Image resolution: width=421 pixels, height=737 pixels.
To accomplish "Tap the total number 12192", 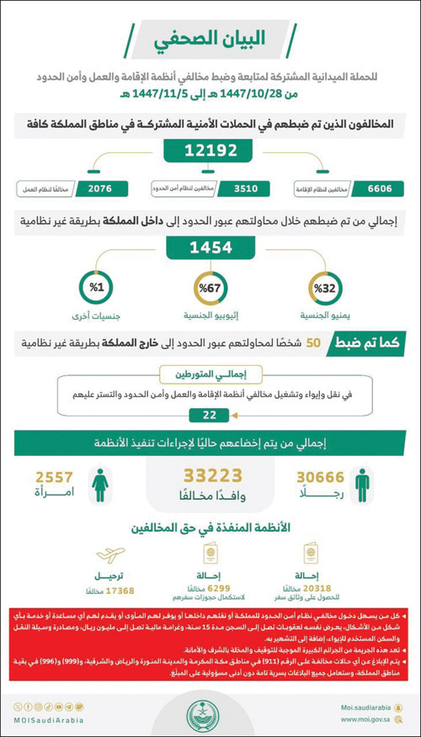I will [x=210, y=151].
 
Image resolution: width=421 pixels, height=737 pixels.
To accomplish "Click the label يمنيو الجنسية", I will [x=324, y=320].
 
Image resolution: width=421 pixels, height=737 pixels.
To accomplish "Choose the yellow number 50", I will [x=312, y=344].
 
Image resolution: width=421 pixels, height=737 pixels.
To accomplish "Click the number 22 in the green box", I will [x=210, y=414].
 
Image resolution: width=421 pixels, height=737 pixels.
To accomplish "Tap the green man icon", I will [x=361, y=485].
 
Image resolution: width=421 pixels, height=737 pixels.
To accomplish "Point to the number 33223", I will [x=210, y=477].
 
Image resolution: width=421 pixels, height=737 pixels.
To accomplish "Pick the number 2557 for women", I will [x=54, y=477].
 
